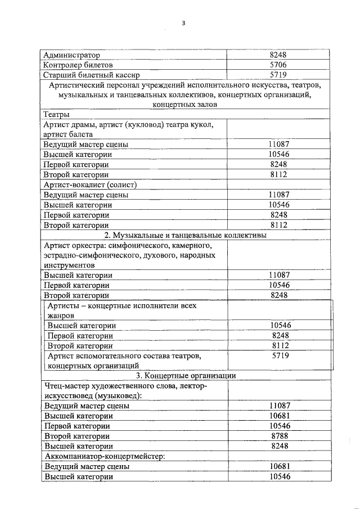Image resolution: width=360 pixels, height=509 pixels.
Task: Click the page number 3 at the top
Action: pos(183,23)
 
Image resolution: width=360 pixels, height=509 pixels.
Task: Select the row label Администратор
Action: pos(71,56)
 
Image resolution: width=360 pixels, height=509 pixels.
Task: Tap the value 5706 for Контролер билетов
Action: pos(278,65)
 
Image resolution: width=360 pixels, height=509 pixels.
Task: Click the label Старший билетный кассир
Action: pos(91,75)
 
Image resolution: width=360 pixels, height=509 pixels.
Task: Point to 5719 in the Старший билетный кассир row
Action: pos(278,75)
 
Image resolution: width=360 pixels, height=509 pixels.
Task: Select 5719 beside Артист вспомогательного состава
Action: pos(280,356)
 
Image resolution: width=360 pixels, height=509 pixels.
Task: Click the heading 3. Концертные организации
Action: pos(186,376)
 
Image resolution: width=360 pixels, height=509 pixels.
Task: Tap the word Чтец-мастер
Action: pos(67,386)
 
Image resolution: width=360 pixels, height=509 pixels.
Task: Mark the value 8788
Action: pos(280,436)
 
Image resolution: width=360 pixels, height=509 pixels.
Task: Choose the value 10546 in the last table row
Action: pos(280,476)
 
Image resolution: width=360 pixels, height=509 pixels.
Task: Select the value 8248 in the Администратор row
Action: pos(278,56)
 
